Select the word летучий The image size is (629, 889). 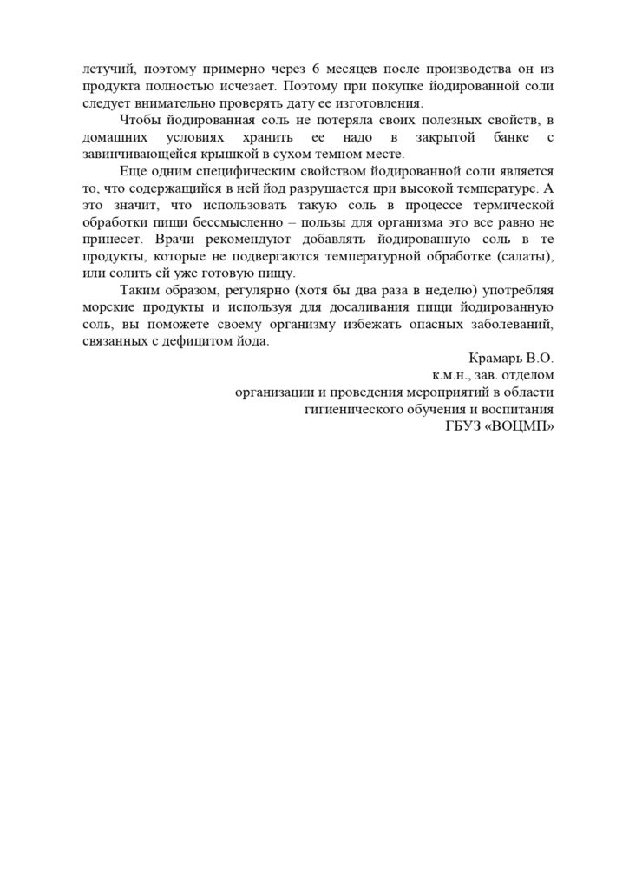pyautogui.click(x=105, y=69)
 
